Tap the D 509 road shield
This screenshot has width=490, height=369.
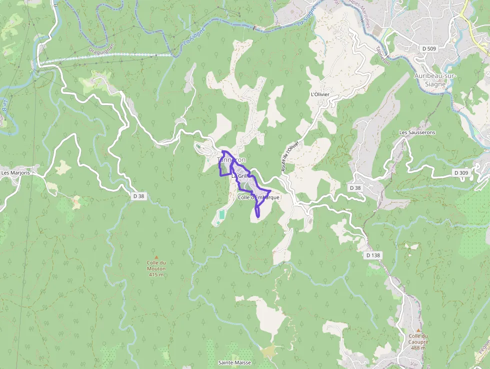(428, 49)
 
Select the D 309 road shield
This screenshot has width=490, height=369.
(461, 173)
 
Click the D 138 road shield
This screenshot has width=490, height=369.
(373, 255)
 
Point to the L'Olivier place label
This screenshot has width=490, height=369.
(320, 94)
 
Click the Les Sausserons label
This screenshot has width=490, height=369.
(417, 132)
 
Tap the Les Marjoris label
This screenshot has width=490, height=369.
(15, 173)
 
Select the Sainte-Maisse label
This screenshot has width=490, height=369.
(234, 362)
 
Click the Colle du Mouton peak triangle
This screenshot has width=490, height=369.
(156, 257)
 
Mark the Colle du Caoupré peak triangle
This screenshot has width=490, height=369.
(418, 330)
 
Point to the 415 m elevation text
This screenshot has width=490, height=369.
(156, 274)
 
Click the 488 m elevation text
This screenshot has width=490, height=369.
(418, 348)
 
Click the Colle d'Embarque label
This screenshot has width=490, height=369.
(258, 197)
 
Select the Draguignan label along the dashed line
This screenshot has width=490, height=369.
(101, 49)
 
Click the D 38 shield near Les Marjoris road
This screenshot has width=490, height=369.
(138, 196)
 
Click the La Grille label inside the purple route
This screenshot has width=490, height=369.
(239, 176)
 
